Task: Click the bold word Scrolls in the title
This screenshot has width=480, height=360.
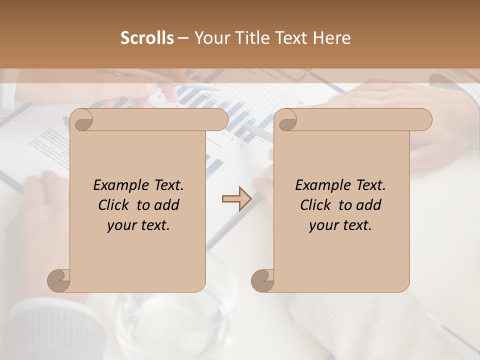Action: tap(147, 38)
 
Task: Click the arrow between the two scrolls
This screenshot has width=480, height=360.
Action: tap(236, 199)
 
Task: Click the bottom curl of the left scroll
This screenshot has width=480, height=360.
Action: tap(59, 280)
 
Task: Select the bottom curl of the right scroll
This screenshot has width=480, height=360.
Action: tap(262, 280)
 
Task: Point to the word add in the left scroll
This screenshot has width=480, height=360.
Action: tap(167, 205)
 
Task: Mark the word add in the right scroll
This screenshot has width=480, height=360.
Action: tap(369, 205)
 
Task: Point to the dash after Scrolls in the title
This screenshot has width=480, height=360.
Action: tap(183, 38)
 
